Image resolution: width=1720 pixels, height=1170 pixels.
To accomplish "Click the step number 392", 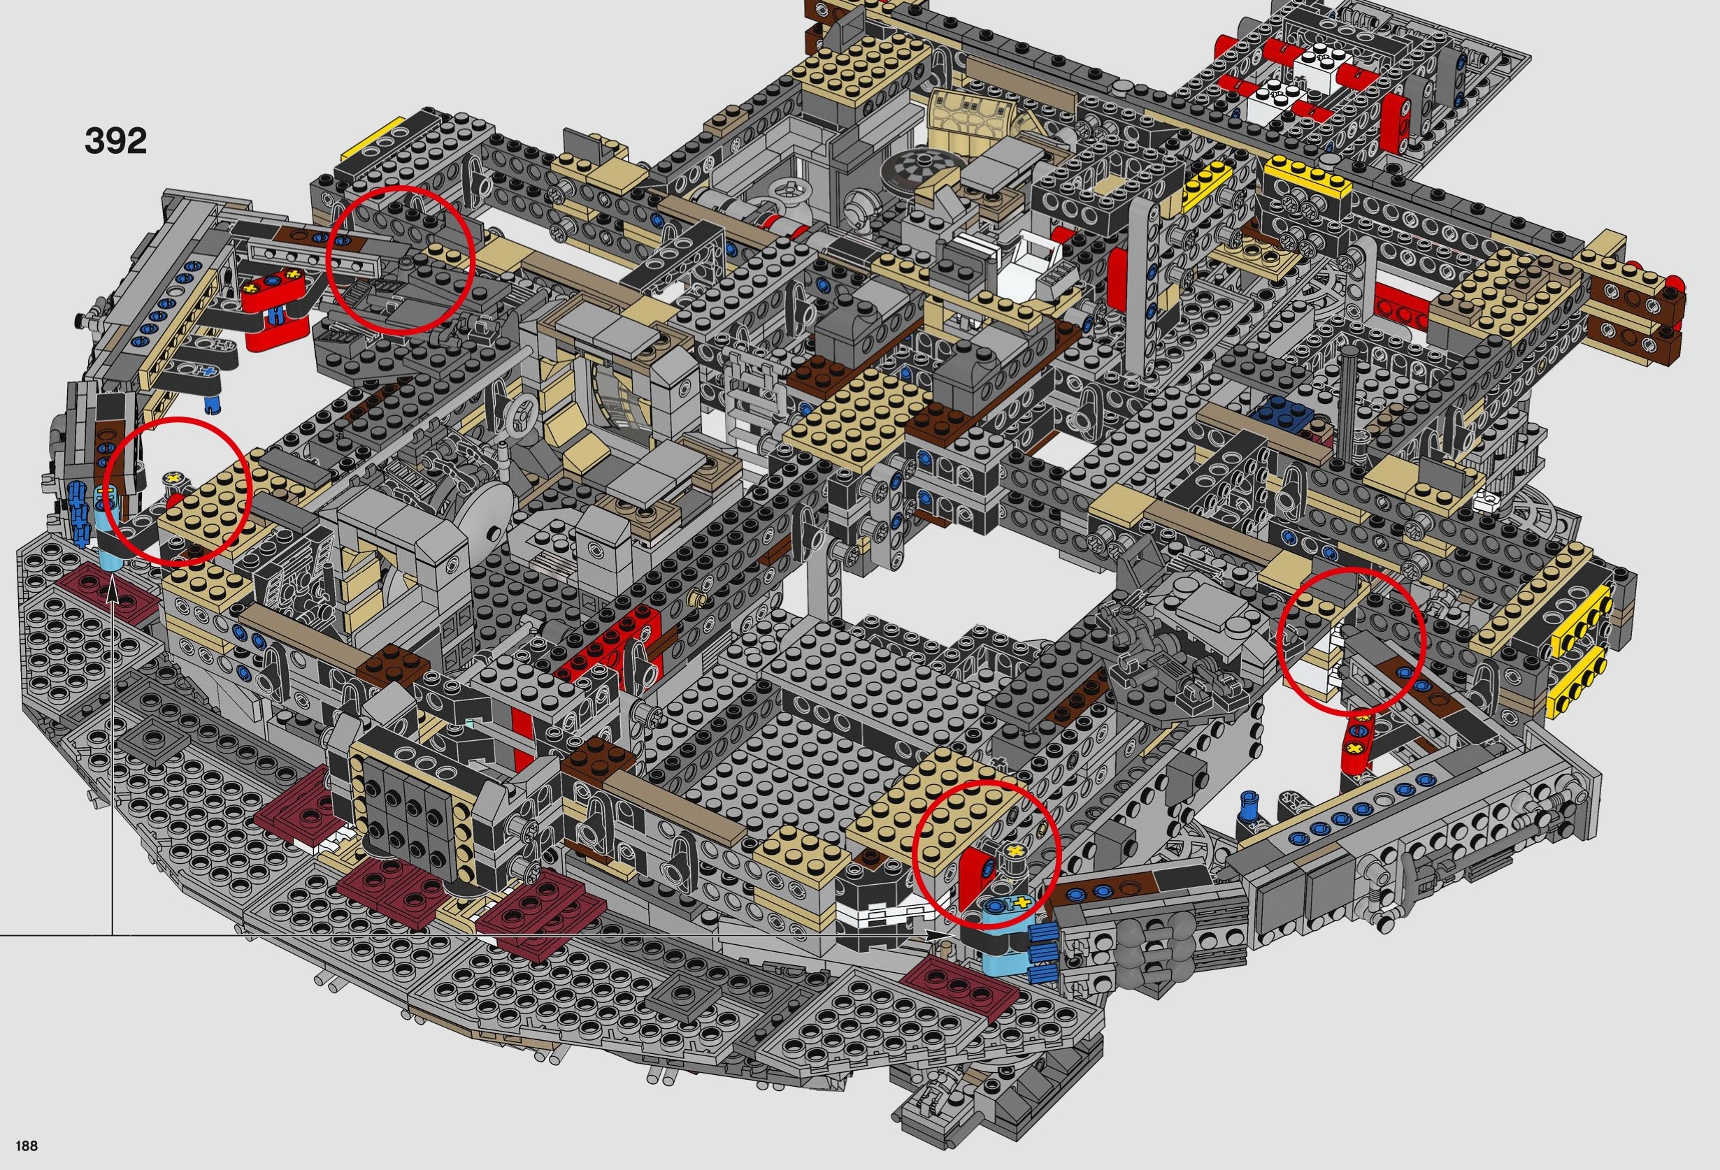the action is click(x=115, y=140).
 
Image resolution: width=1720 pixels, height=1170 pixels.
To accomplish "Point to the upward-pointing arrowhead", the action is click(x=113, y=589).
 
